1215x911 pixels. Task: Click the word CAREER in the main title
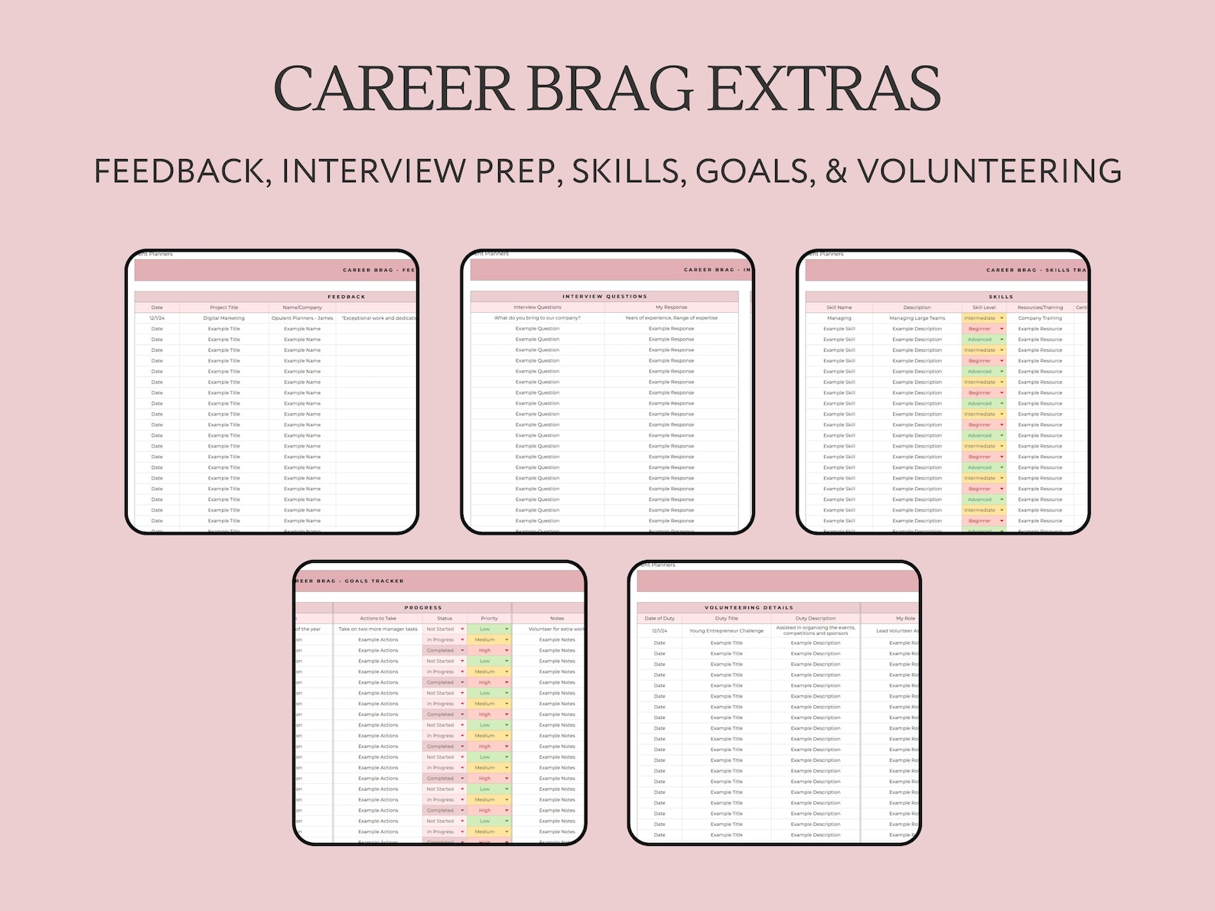(393, 89)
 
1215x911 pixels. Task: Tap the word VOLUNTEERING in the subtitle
(989, 171)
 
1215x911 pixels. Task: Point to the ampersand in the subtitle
(836, 171)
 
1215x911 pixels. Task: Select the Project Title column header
(224, 307)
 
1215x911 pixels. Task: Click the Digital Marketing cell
(224, 318)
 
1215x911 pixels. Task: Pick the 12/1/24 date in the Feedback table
(157, 318)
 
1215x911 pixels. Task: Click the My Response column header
(671, 307)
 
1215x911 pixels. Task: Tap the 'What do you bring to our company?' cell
(537, 318)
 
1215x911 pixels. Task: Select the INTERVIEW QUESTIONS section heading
(604, 296)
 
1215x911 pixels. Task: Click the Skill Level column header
(984, 307)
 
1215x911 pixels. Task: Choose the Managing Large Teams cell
(917, 318)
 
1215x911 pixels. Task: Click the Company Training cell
(1040, 318)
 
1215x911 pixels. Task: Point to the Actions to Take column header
(378, 618)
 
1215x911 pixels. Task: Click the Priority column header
(489, 618)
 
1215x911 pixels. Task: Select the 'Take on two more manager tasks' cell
(378, 630)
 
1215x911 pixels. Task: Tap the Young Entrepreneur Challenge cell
(726, 631)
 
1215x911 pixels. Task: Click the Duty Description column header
(816, 618)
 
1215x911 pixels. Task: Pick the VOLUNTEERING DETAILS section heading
(748, 607)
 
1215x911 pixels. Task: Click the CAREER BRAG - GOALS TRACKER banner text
(350, 581)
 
